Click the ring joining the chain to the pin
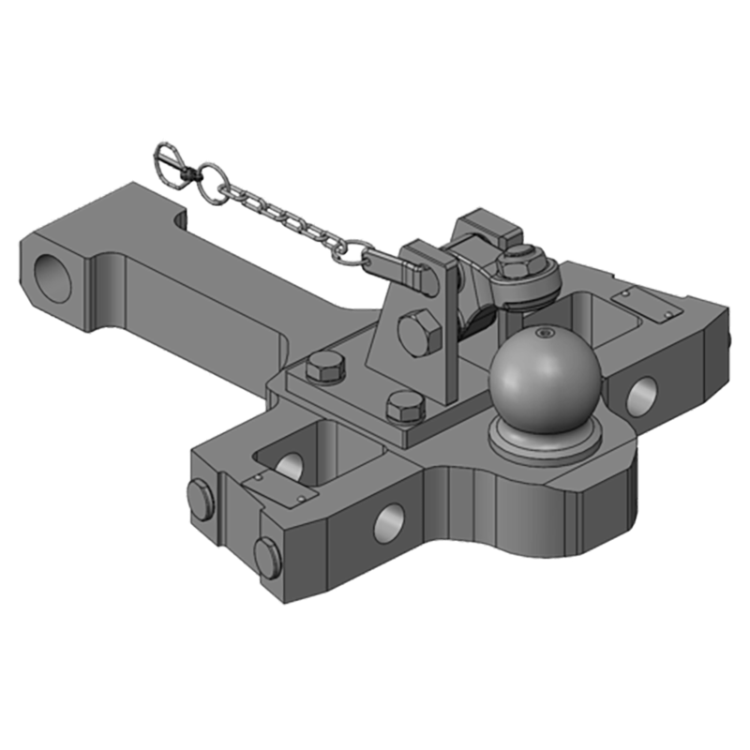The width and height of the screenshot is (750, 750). (354, 251)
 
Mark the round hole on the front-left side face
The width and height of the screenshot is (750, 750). (389, 521)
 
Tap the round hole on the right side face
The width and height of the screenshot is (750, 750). (642, 395)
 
